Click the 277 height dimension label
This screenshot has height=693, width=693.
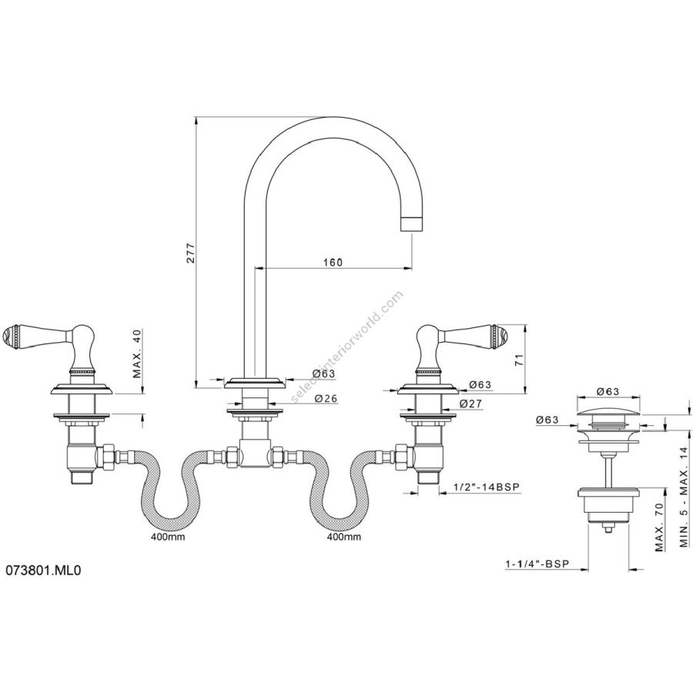tap(190, 253)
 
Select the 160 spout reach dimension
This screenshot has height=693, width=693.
tap(333, 262)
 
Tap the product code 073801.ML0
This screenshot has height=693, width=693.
tap(43, 571)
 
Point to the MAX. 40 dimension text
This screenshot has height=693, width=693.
tap(138, 353)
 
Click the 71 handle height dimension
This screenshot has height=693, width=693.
tap(519, 359)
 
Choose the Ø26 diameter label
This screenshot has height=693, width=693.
tap(326, 398)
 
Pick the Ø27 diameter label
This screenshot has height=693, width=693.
tap(470, 403)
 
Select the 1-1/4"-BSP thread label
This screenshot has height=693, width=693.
tap(537, 564)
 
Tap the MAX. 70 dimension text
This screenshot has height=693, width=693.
tap(660, 527)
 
